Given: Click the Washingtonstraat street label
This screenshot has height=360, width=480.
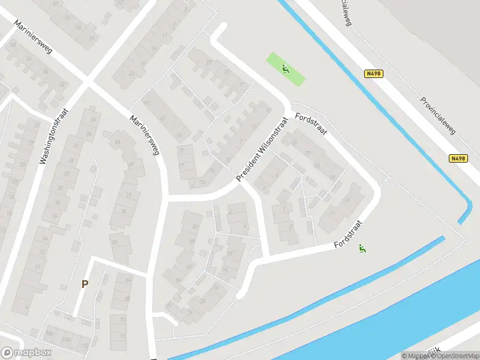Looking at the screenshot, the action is tap(53, 136).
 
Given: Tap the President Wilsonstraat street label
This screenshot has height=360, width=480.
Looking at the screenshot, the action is tap(262, 149).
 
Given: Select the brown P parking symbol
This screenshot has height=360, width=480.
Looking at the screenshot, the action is tap(85, 284).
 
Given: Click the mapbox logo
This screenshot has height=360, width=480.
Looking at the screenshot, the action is tap(26, 353).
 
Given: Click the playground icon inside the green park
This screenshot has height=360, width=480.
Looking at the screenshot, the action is tap(286, 69).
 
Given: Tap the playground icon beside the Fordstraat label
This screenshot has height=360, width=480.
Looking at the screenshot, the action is tap(362, 248).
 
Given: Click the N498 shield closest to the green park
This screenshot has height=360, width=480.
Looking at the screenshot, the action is tap(373, 74).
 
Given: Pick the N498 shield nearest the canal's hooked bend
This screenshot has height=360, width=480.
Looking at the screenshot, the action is tap(457, 158).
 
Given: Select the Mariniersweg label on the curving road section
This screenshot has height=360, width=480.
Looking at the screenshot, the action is tap(145, 135).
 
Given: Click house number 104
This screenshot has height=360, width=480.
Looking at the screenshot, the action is tap(49, 334).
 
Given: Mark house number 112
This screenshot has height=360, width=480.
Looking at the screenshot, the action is tap(83, 346).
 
